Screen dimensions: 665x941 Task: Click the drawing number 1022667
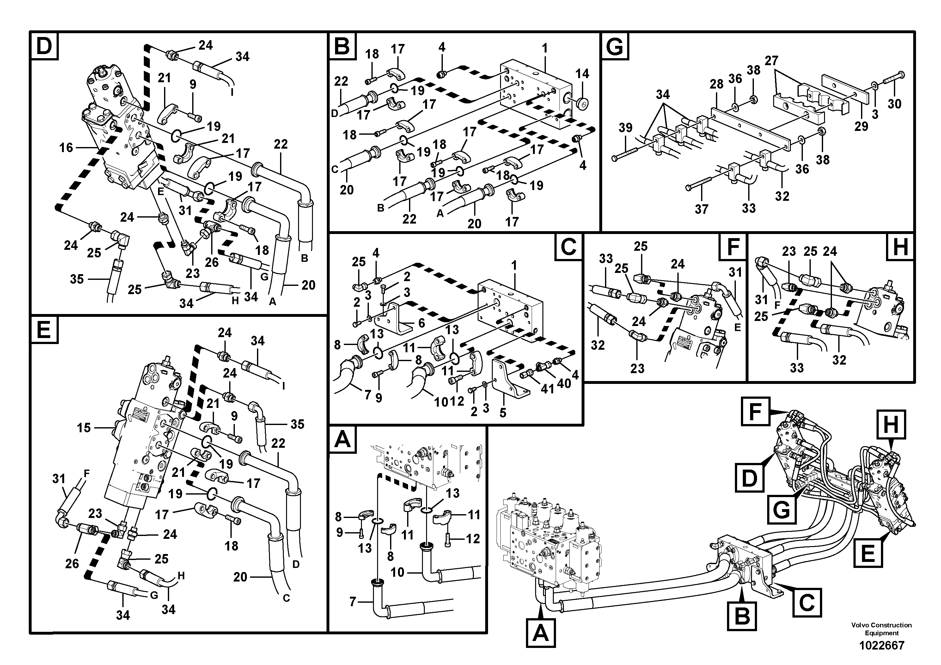click(881, 645)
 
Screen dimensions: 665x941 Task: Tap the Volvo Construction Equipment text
click(881, 629)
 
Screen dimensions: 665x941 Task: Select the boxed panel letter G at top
click(615, 46)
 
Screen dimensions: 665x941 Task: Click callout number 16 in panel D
click(66, 148)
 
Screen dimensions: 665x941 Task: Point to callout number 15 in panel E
click(84, 428)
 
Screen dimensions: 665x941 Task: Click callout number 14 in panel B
click(582, 74)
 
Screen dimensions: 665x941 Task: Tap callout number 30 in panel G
click(894, 104)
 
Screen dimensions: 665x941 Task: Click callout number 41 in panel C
click(547, 388)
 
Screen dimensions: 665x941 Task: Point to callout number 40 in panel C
click(564, 383)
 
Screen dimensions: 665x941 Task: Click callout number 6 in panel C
click(421, 323)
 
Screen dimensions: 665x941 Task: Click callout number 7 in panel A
click(352, 602)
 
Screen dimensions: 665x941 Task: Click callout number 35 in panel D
click(76, 279)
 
